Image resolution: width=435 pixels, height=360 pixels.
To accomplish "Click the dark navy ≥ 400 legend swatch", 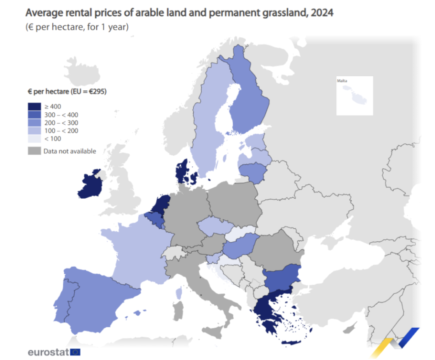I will pyautogui.click(x=34, y=106).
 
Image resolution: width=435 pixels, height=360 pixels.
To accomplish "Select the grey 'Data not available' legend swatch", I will pyautogui.click(x=34, y=151).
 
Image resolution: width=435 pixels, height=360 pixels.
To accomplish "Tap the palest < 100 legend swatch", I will pyautogui.click(x=34, y=138).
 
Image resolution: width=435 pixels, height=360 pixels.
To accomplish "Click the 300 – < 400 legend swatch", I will pyautogui.click(x=34, y=115).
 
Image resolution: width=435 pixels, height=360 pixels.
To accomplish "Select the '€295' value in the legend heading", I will pyautogui.click(x=97, y=92).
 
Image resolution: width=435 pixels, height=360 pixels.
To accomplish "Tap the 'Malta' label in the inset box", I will pyautogui.click(x=342, y=81).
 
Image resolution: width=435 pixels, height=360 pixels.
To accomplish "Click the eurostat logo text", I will pyautogui.click(x=48, y=352).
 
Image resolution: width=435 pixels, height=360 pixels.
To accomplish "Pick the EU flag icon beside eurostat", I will pyautogui.click(x=76, y=352).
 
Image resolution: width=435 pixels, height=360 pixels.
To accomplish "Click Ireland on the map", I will pyautogui.click(x=92, y=185).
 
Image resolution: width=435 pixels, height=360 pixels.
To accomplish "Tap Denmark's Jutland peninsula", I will pyautogui.click(x=182, y=171).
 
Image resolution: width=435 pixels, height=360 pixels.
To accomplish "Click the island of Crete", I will pyautogui.click(x=294, y=343).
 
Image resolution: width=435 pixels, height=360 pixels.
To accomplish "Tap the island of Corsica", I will pyautogui.click(x=179, y=293).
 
